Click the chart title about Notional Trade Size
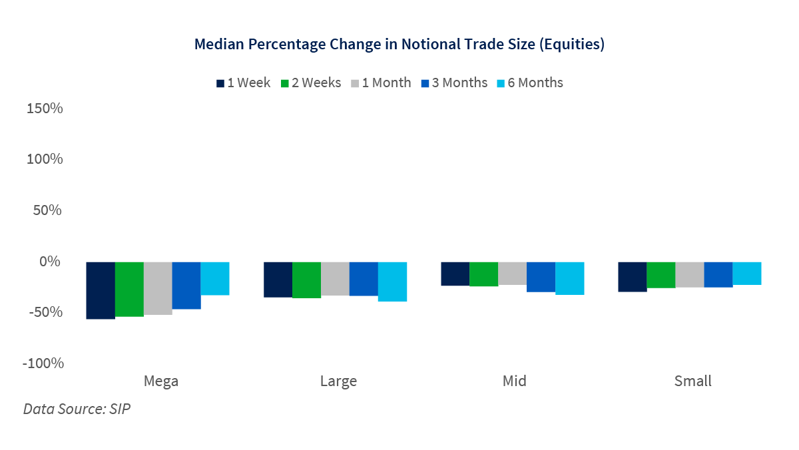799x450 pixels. pyautogui.click(x=399, y=45)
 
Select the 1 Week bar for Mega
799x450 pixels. pyautogui.click(x=101, y=290)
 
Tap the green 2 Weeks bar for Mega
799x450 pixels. pyautogui.click(x=129, y=289)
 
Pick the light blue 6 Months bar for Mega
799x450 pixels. pyautogui.click(x=215, y=278)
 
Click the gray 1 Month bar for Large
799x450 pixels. pyautogui.click(x=335, y=278)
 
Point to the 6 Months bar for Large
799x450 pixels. pyautogui.click(x=393, y=282)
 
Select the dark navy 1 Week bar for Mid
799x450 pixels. pyautogui.click(x=455, y=274)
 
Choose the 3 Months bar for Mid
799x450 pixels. pyautogui.click(x=541, y=277)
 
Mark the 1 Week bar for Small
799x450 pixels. pyautogui.click(x=632, y=277)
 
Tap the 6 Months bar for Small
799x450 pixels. pyautogui.click(x=747, y=273)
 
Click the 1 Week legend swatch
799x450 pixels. pyautogui.click(x=220, y=83)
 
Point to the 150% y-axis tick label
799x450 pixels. pyautogui.click(x=44, y=108)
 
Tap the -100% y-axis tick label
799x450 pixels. pyautogui.click(x=43, y=363)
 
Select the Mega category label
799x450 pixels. pyautogui.click(x=160, y=381)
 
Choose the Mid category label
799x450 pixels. pyautogui.click(x=514, y=381)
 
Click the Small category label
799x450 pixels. pyautogui.click(x=692, y=381)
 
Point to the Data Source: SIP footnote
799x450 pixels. pyautogui.click(x=77, y=409)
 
